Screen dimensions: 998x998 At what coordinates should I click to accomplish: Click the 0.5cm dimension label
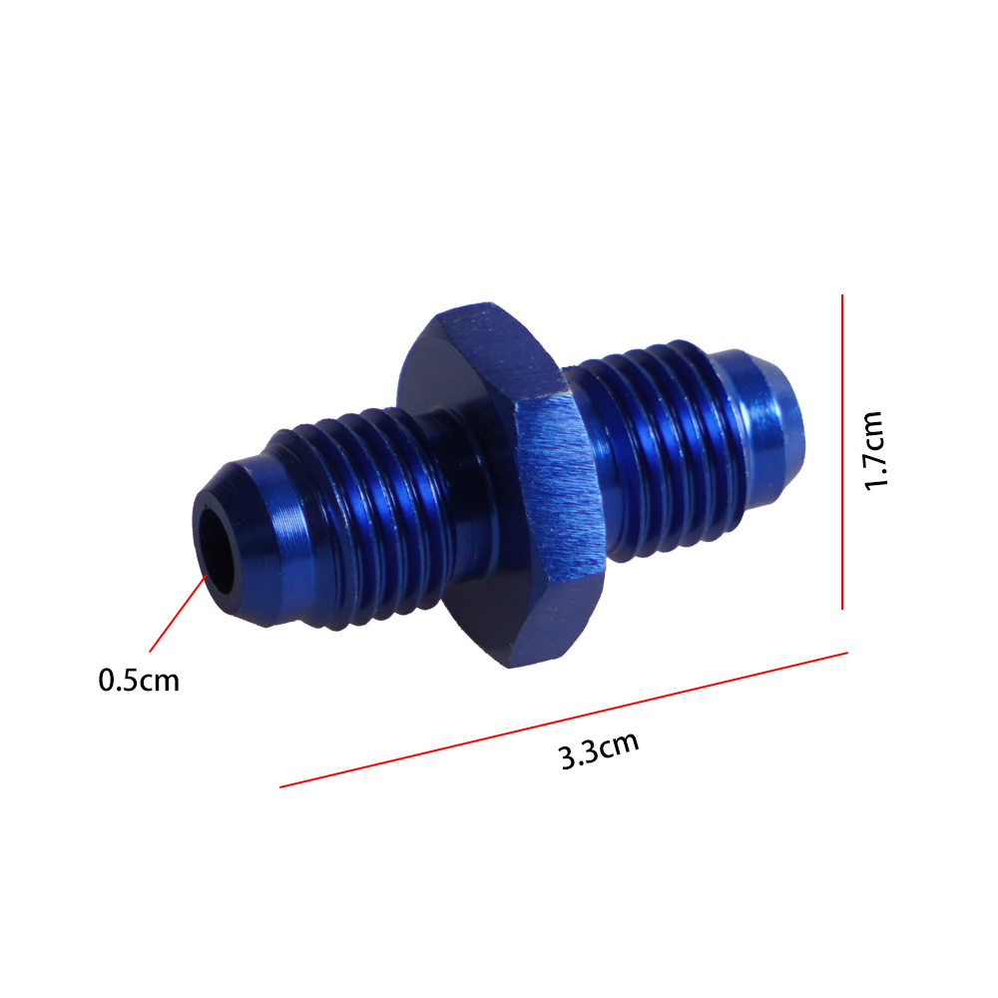click(x=139, y=681)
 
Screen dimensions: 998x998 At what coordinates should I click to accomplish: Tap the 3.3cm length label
click(x=598, y=751)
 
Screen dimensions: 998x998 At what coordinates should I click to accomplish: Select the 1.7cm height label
click(x=875, y=451)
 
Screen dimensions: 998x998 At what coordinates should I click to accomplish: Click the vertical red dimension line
click(x=842, y=452)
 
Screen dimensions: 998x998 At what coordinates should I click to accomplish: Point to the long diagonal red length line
click(x=563, y=720)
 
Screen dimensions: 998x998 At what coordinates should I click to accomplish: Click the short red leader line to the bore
click(x=179, y=613)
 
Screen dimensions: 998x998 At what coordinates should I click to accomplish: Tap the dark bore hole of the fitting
click(x=217, y=549)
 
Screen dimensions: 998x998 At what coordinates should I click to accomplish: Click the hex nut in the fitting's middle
click(x=503, y=484)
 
